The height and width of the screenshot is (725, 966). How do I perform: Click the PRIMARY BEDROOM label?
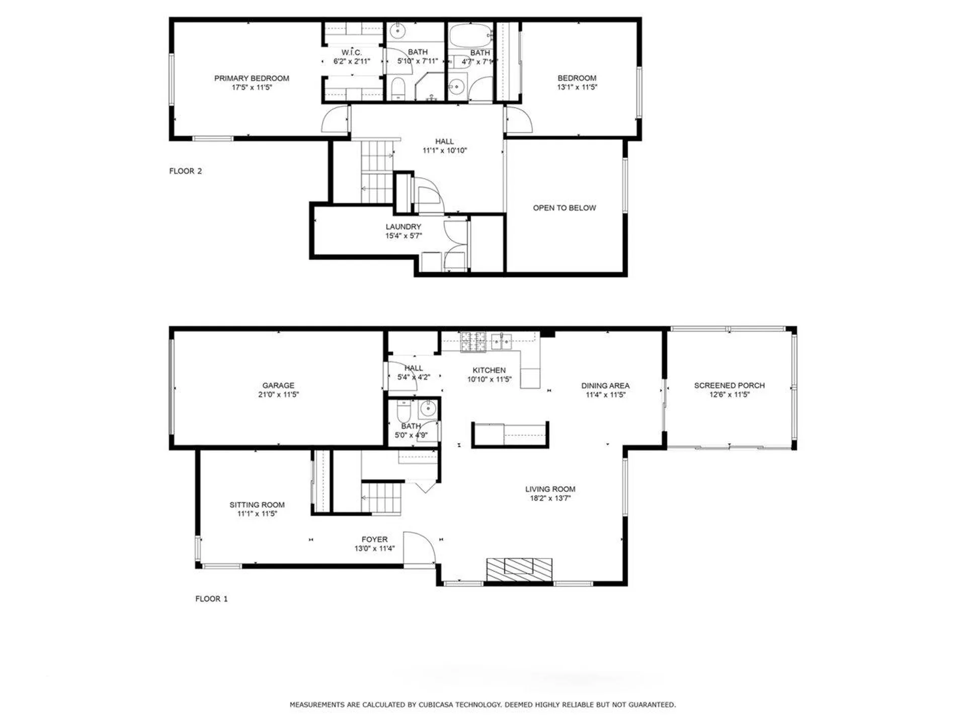click(x=252, y=78)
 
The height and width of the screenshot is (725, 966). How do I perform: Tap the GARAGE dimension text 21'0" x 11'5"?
click(x=278, y=395)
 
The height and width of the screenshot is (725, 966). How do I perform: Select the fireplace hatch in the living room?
click(x=519, y=569)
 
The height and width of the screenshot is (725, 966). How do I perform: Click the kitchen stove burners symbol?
click(x=473, y=341)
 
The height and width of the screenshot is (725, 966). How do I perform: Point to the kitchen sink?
click(x=502, y=341)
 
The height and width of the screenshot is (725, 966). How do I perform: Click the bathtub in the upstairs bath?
click(x=469, y=34)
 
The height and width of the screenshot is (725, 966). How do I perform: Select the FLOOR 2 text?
click(x=185, y=171)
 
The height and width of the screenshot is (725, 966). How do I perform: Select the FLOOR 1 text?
click(x=211, y=599)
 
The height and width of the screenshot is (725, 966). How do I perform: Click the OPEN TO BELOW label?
click(x=564, y=208)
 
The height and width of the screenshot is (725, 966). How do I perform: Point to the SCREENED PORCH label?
click(x=729, y=386)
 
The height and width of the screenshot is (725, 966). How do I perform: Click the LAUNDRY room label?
click(x=403, y=227)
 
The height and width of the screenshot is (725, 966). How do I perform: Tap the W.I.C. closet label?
click(x=351, y=52)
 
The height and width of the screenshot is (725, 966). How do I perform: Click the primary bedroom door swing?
click(x=335, y=120)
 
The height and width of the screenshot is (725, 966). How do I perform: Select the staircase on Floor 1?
click(x=382, y=498)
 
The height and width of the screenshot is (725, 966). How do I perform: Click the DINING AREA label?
click(x=605, y=386)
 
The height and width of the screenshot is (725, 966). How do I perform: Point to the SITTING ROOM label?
click(x=257, y=504)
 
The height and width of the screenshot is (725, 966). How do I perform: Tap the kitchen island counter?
click(x=510, y=434)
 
